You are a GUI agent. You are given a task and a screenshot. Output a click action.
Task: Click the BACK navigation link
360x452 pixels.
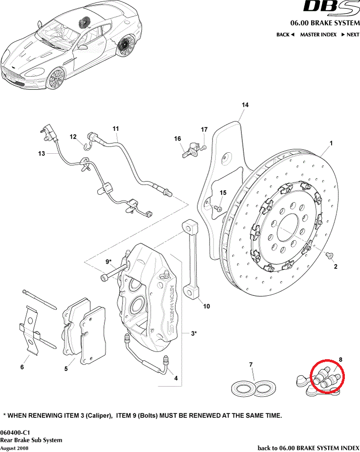click(x=285, y=35)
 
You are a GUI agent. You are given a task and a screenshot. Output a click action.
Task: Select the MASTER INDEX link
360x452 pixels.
click(x=318, y=35)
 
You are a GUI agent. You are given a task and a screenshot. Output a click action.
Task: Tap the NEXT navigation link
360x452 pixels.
click(x=350, y=35)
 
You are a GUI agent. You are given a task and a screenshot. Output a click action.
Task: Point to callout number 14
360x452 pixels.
click(x=245, y=105)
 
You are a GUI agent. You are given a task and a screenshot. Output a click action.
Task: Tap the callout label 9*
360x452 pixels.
click(x=109, y=262)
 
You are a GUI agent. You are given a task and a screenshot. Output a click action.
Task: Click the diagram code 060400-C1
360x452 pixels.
click(x=16, y=432)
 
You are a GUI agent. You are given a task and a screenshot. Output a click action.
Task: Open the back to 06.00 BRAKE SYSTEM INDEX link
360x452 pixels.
click(x=308, y=448)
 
